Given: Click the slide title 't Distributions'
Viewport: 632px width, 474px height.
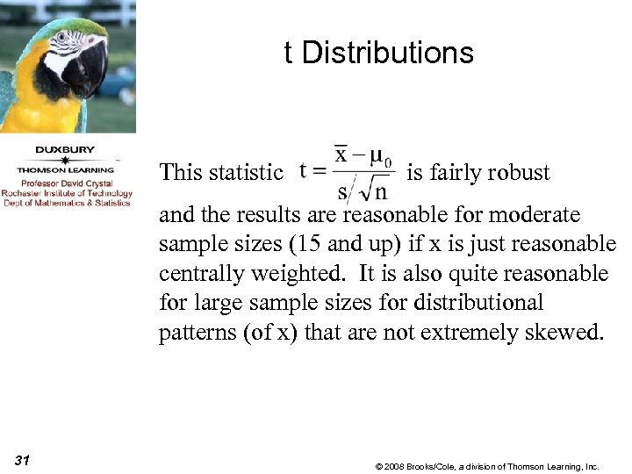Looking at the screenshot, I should coord(378,54).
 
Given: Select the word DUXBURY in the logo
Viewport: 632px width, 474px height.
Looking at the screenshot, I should coord(66,149).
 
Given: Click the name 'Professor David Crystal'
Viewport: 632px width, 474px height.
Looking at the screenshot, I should coord(66,184).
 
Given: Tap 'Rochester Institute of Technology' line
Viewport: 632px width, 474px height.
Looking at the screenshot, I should coord(66,193).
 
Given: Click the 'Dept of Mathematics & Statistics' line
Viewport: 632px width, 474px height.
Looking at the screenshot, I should coord(66,203).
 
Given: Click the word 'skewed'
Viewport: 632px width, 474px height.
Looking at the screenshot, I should coord(572,334).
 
